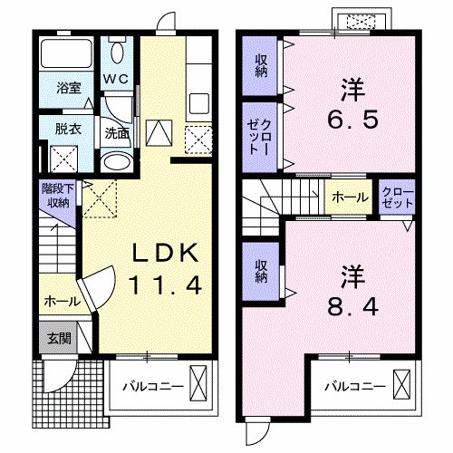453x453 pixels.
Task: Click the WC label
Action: pyautogui.click(x=116, y=79)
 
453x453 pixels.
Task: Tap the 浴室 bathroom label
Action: pyautogui.click(x=69, y=88)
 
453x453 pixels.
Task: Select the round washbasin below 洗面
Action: pyautogui.click(x=115, y=161)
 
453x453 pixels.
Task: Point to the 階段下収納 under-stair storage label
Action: pyautogui.click(x=59, y=196)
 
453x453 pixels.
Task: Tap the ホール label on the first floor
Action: pyautogui.click(x=61, y=301)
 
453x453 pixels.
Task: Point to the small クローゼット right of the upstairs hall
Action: pyautogui.click(x=397, y=198)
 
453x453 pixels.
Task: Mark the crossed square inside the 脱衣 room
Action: pyautogui.click(x=64, y=159)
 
